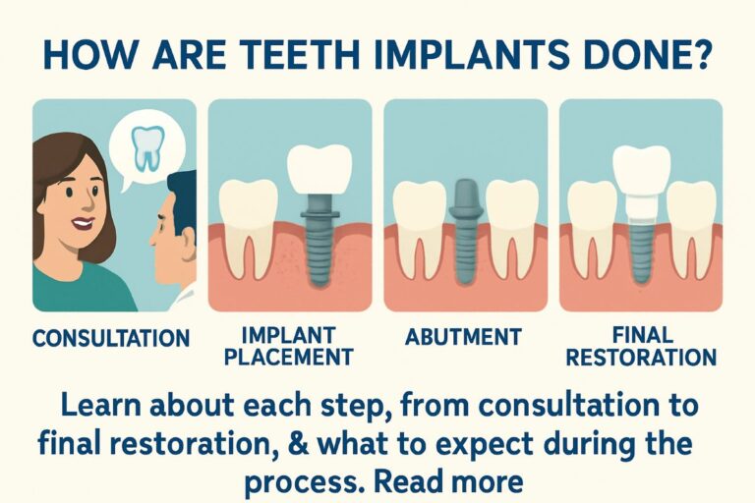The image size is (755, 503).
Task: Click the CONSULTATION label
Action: (x=110, y=339)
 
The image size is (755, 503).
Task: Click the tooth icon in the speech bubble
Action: (x=147, y=148)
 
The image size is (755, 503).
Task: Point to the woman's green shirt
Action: (x=79, y=290)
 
